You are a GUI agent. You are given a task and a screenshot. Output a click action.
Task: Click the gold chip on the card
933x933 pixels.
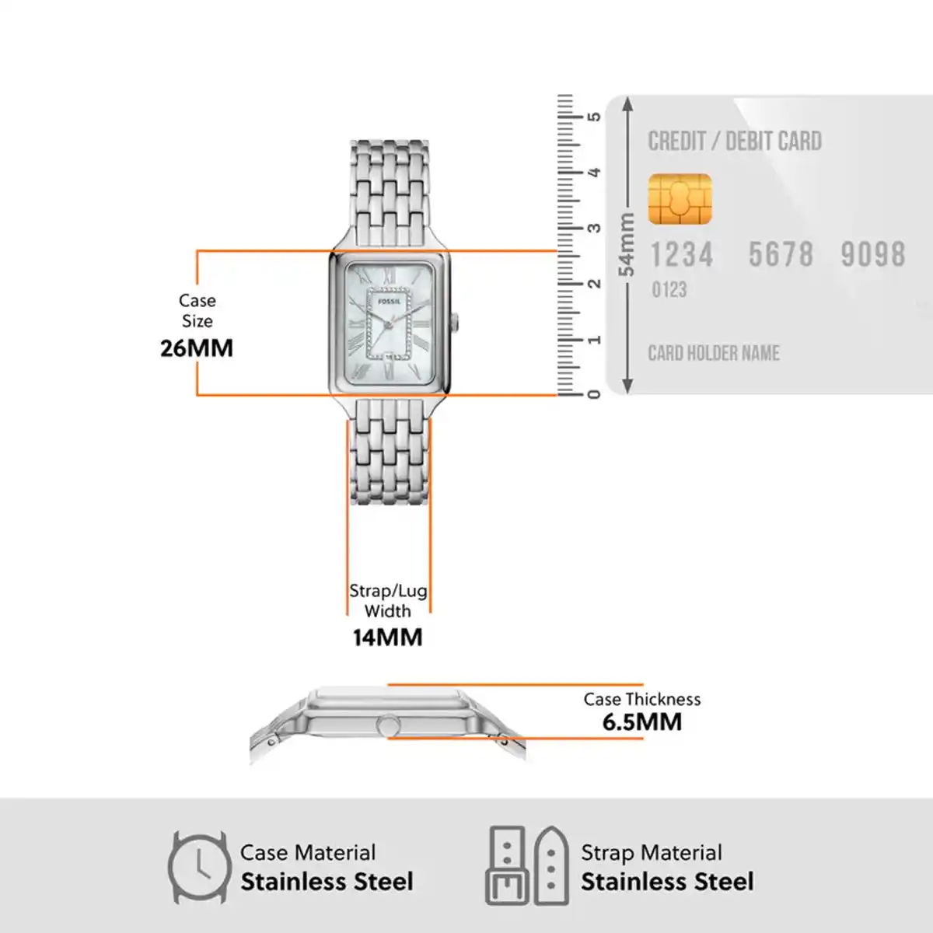(x=680, y=199)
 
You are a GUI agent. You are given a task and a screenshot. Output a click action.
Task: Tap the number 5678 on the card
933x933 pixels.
(x=781, y=255)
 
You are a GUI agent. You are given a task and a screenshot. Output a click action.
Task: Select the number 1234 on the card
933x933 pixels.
(x=682, y=255)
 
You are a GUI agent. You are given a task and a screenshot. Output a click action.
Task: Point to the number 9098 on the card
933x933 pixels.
(x=873, y=255)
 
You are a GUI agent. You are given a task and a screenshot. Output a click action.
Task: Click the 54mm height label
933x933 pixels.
(x=627, y=244)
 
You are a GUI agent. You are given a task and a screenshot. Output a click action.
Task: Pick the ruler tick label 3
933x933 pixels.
(x=594, y=228)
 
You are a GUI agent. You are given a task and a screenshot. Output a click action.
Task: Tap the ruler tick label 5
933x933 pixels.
(x=594, y=117)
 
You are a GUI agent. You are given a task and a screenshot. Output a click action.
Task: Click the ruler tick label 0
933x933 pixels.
(x=594, y=395)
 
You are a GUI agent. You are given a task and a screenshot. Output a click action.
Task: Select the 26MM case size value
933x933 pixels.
(x=197, y=348)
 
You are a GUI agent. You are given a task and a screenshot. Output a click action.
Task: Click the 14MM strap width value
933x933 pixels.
(x=388, y=638)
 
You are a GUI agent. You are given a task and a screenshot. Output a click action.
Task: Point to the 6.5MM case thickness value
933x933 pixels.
(x=642, y=722)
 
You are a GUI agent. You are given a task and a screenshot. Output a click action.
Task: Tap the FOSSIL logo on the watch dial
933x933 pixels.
(x=390, y=301)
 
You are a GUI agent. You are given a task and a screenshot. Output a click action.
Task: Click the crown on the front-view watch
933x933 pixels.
(x=455, y=323)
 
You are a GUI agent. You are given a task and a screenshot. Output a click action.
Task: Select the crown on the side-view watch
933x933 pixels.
(x=388, y=725)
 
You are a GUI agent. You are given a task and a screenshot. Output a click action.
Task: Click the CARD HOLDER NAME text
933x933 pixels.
(x=714, y=354)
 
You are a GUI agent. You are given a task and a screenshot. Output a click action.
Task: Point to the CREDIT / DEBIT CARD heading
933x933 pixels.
(x=735, y=142)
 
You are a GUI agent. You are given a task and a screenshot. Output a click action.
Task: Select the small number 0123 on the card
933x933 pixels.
(x=669, y=290)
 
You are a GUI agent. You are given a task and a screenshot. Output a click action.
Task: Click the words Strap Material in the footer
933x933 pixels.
(x=652, y=853)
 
